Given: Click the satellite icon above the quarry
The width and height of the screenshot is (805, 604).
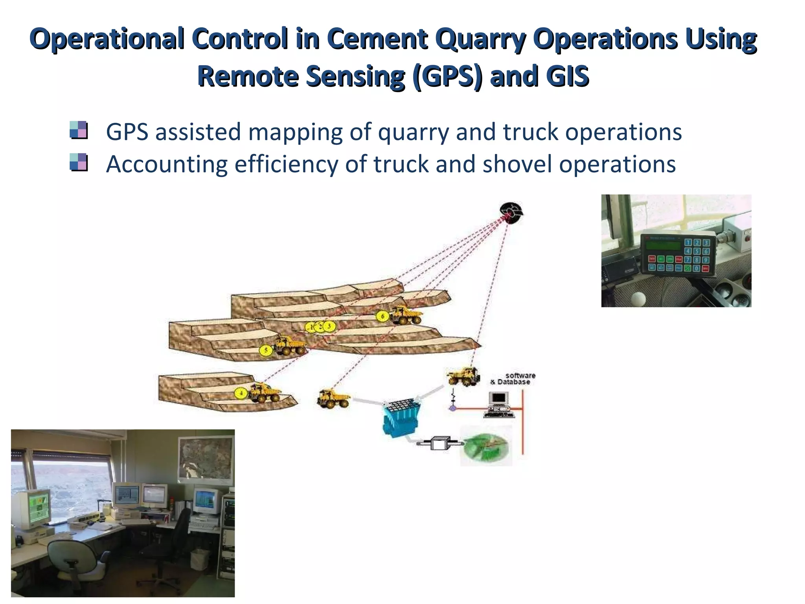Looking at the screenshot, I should click(511, 213).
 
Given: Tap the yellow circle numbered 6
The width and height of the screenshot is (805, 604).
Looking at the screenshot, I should click(382, 316).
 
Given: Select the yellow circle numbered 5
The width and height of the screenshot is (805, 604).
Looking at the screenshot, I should click(266, 350).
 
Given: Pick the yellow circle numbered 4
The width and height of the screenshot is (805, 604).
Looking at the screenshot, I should click(241, 393).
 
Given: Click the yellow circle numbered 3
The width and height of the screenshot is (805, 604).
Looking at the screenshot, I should click(329, 326).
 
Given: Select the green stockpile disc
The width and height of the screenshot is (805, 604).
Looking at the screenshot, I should click(486, 447).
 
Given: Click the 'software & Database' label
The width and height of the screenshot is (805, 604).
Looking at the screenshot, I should click(513, 379).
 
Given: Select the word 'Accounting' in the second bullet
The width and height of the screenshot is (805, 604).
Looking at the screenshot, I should click(167, 164).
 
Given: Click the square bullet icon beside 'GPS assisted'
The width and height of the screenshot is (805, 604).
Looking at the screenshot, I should click(78, 130).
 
